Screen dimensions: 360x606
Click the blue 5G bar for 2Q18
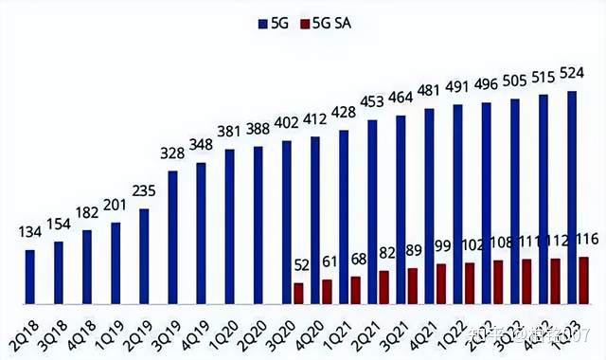(x=30, y=277)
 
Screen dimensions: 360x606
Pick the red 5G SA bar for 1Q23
(x=584, y=279)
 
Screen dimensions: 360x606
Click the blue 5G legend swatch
(x=262, y=22)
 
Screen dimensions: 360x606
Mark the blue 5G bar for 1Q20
(x=229, y=226)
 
